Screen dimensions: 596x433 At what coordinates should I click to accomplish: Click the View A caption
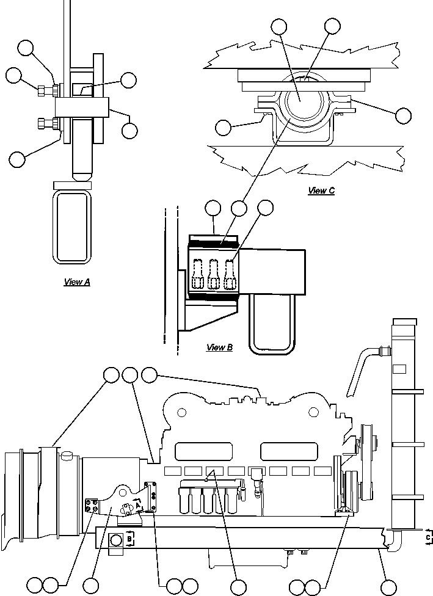pos(77,282)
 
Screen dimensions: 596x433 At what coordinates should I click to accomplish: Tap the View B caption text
pos(219,347)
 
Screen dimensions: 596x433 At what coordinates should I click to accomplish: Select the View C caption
pos(321,191)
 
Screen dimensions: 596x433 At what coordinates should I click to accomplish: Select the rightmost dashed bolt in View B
pos(230,275)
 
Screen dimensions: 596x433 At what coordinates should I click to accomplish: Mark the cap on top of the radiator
pos(404,322)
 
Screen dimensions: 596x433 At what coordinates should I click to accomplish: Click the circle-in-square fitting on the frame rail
pos(116,539)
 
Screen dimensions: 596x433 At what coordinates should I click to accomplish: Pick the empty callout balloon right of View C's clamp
pos(403,115)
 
